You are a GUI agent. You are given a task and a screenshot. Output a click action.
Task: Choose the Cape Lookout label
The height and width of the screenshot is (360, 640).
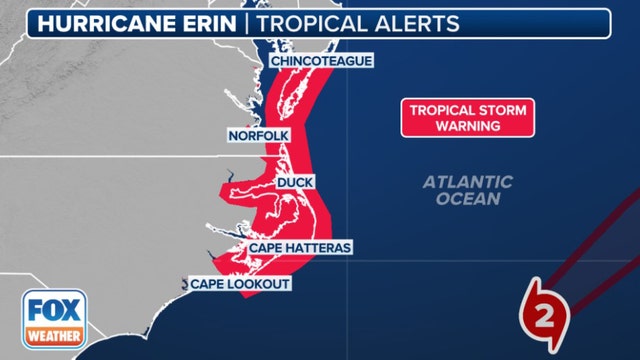pos(240,285)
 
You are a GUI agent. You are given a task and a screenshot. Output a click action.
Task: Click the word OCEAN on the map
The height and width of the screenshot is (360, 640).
pos(467,199)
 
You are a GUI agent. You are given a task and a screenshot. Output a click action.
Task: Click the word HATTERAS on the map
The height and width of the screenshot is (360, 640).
pos(318,247)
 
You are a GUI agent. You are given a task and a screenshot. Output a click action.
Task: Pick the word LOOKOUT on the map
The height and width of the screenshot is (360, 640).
pos(260,285)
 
